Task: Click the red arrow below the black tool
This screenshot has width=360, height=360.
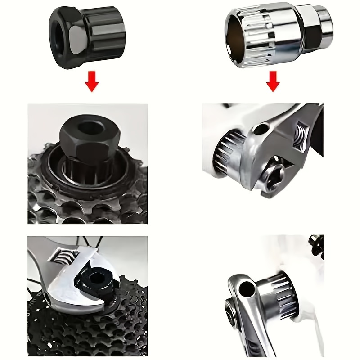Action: coord(92,81)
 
